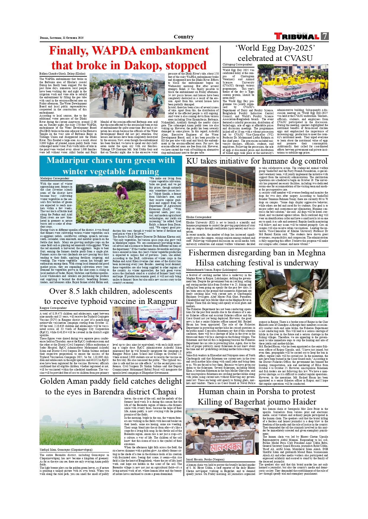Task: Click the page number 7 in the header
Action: [x=325, y=36]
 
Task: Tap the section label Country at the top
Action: [x=184, y=37]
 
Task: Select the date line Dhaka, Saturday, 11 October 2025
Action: [x=62, y=38]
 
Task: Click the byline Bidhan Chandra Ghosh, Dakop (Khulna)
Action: [x=62, y=74]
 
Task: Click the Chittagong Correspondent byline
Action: [x=238, y=65]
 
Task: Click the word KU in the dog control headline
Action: [x=192, y=161]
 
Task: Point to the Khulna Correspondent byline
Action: [x=199, y=217]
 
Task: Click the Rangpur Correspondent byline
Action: [x=53, y=308]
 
